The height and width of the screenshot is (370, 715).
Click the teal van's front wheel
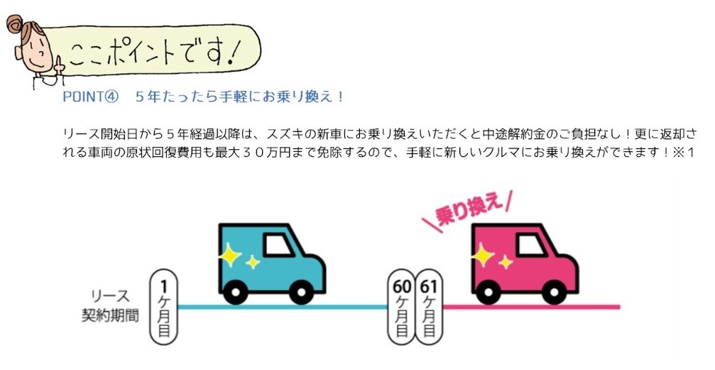302,292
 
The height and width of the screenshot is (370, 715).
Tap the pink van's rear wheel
489,292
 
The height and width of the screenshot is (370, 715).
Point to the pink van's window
530,245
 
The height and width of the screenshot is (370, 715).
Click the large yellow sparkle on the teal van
230,254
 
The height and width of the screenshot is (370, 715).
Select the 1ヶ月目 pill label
164,307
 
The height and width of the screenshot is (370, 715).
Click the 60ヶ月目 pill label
401,307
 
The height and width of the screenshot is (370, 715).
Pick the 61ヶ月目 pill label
429,307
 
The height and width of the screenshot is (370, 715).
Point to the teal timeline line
283,307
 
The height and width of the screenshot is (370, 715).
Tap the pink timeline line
531,307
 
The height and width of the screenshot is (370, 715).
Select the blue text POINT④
90,97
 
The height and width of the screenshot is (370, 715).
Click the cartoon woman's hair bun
14,23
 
